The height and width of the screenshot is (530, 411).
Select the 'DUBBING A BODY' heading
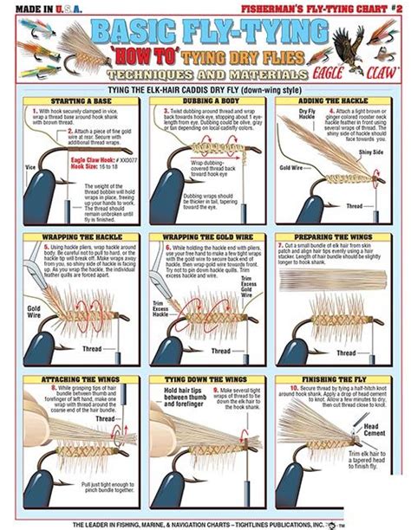click(205, 101)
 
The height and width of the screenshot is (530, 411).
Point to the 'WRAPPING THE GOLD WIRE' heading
click(205, 236)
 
